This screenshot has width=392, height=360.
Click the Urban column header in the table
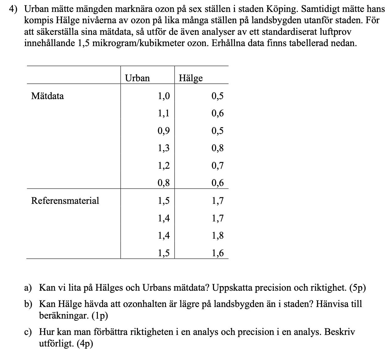click(137, 78)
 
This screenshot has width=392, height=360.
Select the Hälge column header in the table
click(191, 78)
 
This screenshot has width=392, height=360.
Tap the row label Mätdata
click(47, 96)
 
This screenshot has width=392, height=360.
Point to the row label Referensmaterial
click(65, 201)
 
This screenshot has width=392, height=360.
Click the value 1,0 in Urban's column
click(163, 96)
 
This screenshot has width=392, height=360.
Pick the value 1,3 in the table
click(163, 148)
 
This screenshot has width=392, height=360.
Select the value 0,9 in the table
click(163, 131)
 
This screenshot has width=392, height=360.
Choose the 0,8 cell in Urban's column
click(163, 183)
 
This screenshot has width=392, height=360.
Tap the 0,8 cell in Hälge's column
click(217, 148)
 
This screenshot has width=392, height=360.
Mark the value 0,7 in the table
click(217, 165)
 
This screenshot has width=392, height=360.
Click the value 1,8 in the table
click(217, 236)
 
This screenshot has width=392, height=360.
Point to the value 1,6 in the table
click(217, 253)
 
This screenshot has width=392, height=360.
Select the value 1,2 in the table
click(163, 165)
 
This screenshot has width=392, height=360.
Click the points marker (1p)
click(100, 316)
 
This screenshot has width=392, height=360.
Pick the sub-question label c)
click(28, 332)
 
